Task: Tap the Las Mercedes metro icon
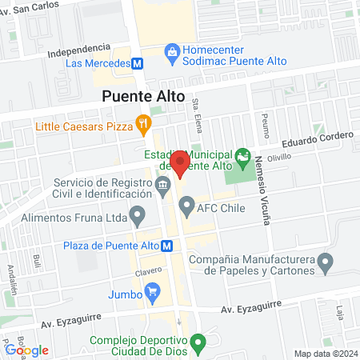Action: coord(138,63)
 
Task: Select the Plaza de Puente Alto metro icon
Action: coord(166,246)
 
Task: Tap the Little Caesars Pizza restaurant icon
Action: coord(143,124)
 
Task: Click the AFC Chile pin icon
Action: coord(186,208)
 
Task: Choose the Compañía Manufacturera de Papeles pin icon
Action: coord(325,262)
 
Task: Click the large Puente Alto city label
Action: coord(143,97)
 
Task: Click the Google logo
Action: coord(27,350)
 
